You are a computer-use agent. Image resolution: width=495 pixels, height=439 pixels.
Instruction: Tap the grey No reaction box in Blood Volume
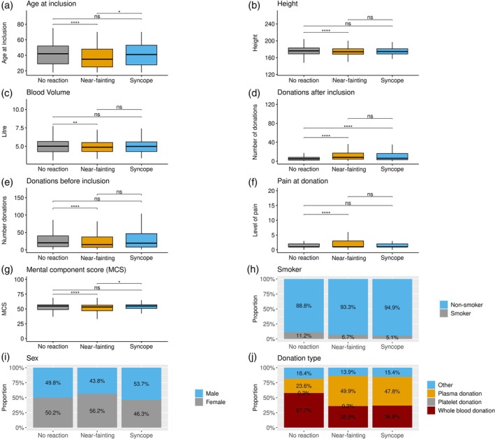pyautogui.click(x=53, y=146)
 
